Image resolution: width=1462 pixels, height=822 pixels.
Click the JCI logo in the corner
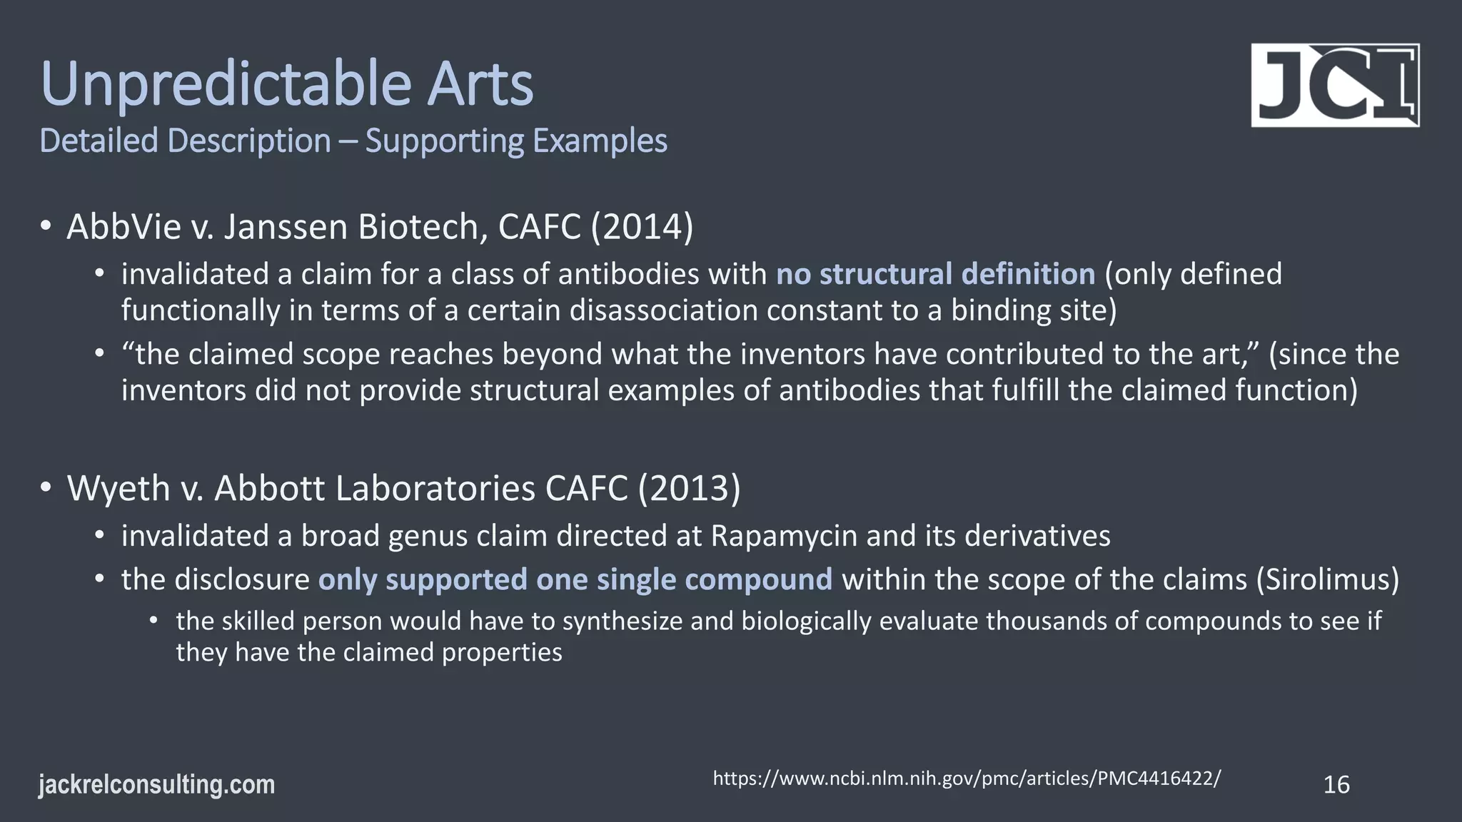tap(1334, 86)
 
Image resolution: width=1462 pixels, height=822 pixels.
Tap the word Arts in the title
tap(480, 84)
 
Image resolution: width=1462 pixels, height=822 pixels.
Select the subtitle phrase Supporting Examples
tap(516, 141)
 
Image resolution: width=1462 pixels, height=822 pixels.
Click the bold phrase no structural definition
tap(935, 274)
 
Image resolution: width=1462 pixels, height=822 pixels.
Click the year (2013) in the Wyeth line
tap(689, 488)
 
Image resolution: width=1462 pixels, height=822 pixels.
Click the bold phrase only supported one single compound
tap(575, 579)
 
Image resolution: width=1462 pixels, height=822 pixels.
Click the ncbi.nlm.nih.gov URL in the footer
tap(967, 778)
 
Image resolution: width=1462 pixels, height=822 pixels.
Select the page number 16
tap(1336, 785)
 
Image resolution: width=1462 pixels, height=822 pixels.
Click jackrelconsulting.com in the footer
tap(156, 785)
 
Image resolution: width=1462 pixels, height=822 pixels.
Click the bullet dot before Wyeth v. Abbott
tap(46, 488)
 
